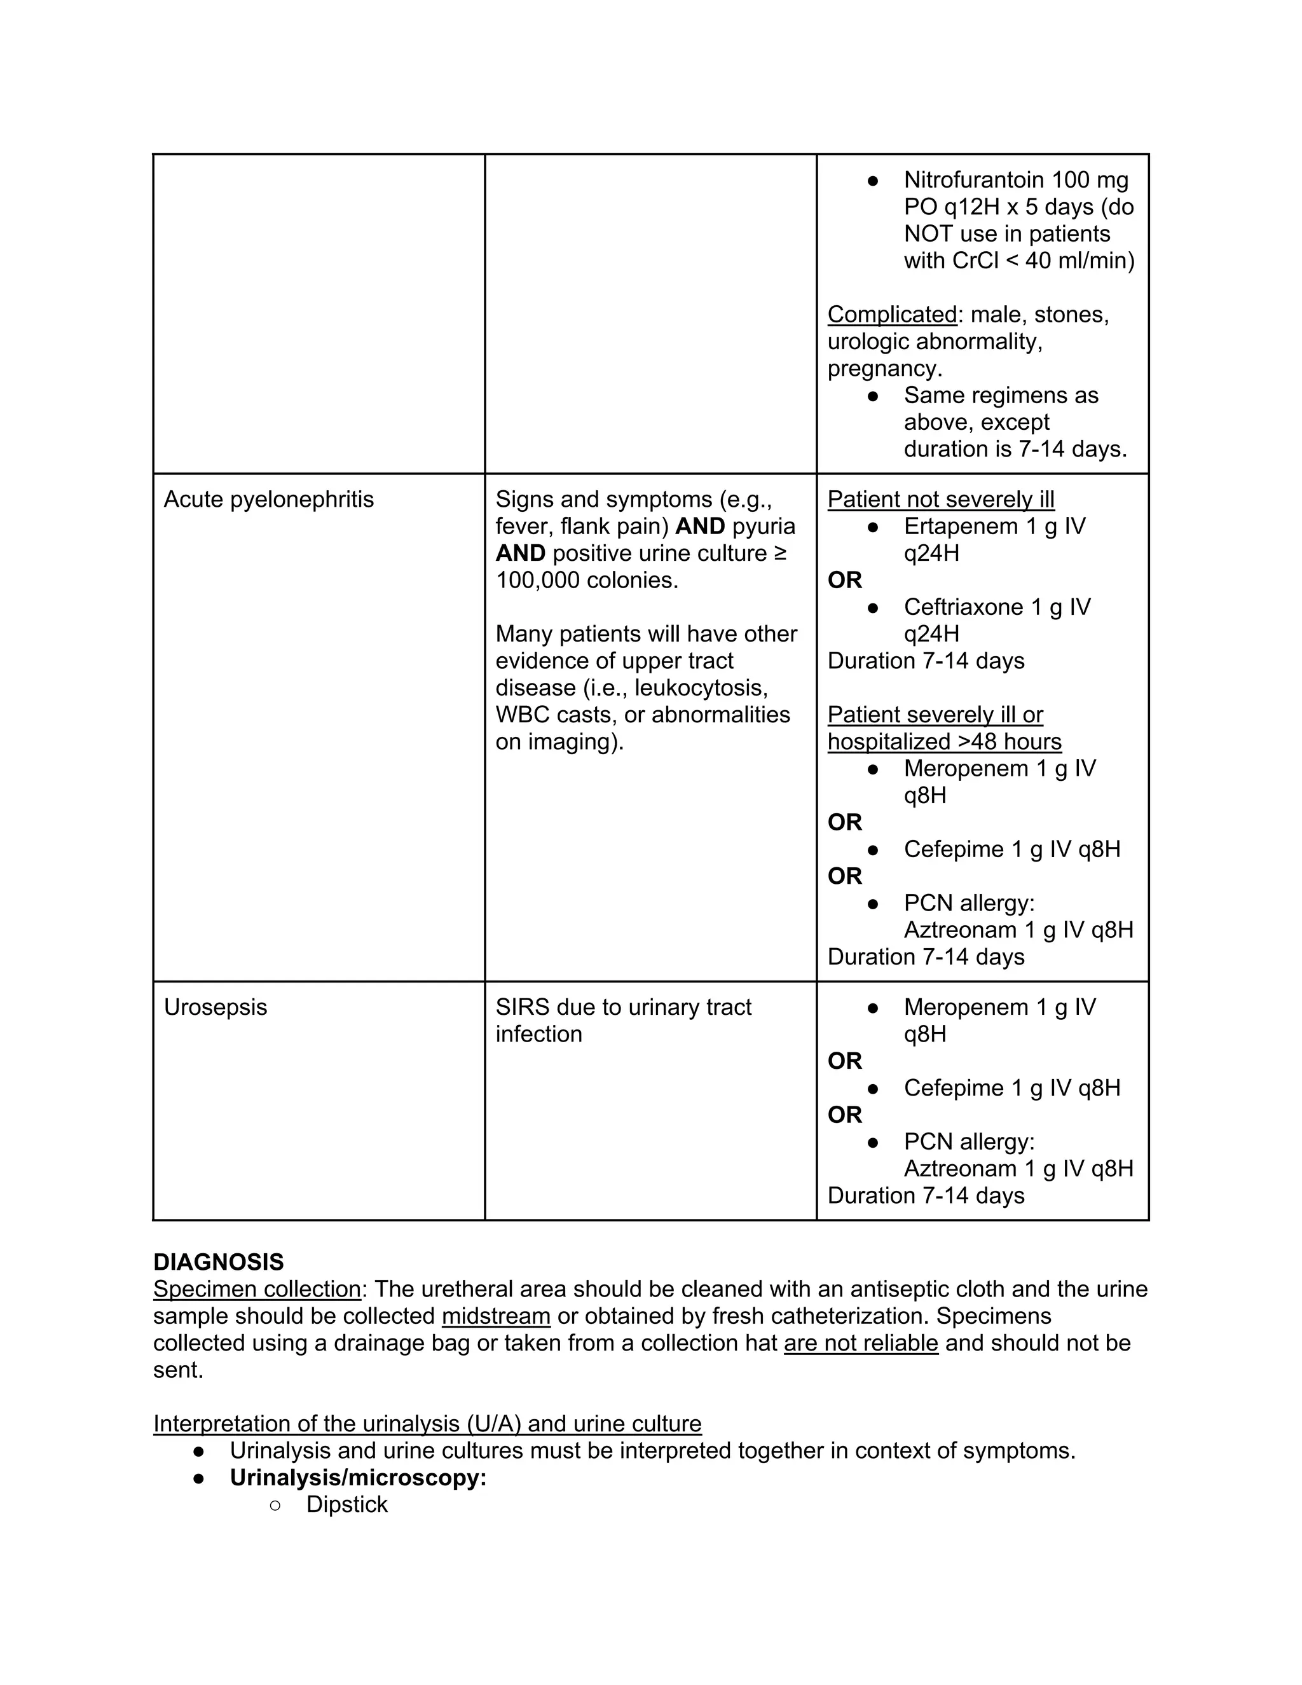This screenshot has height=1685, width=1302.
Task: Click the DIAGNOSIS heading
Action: point(218,1262)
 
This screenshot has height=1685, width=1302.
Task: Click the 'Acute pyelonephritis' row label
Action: point(268,499)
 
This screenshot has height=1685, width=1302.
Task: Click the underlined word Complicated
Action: point(892,314)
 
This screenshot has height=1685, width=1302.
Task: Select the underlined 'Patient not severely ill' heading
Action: point(940,499)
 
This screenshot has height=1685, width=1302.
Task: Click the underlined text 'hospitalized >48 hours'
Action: point(944,741)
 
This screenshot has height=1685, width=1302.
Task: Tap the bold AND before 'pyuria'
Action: point(699,526)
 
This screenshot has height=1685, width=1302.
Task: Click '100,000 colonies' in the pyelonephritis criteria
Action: point(586,580)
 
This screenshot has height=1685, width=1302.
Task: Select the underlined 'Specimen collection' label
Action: point(257,1290)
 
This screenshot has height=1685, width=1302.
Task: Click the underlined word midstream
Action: point(496,1316)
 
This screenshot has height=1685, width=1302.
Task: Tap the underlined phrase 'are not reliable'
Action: point(861,1343)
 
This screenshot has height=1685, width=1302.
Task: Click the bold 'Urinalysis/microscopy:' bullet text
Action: point(358,1478)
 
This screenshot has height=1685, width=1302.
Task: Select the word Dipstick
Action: point(347,1504)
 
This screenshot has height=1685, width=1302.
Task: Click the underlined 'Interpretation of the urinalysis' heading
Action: point(427,1424)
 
